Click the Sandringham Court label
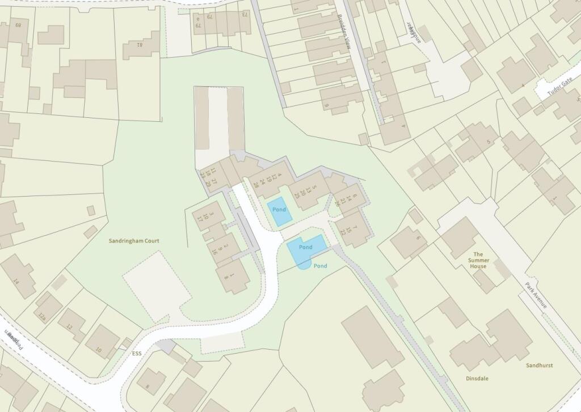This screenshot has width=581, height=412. pos(134,241)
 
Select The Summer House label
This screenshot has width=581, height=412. pos(478,260)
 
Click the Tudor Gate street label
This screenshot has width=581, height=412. pos(560,87)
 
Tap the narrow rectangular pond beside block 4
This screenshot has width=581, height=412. pos(279,210)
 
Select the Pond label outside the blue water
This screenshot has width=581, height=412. pos(321,266)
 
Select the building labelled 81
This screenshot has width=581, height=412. pos(140,45)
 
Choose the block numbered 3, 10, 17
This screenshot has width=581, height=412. pos(208,215)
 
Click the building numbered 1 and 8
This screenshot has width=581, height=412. pos(233,277)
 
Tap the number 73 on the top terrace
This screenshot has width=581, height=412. pos(245,14)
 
